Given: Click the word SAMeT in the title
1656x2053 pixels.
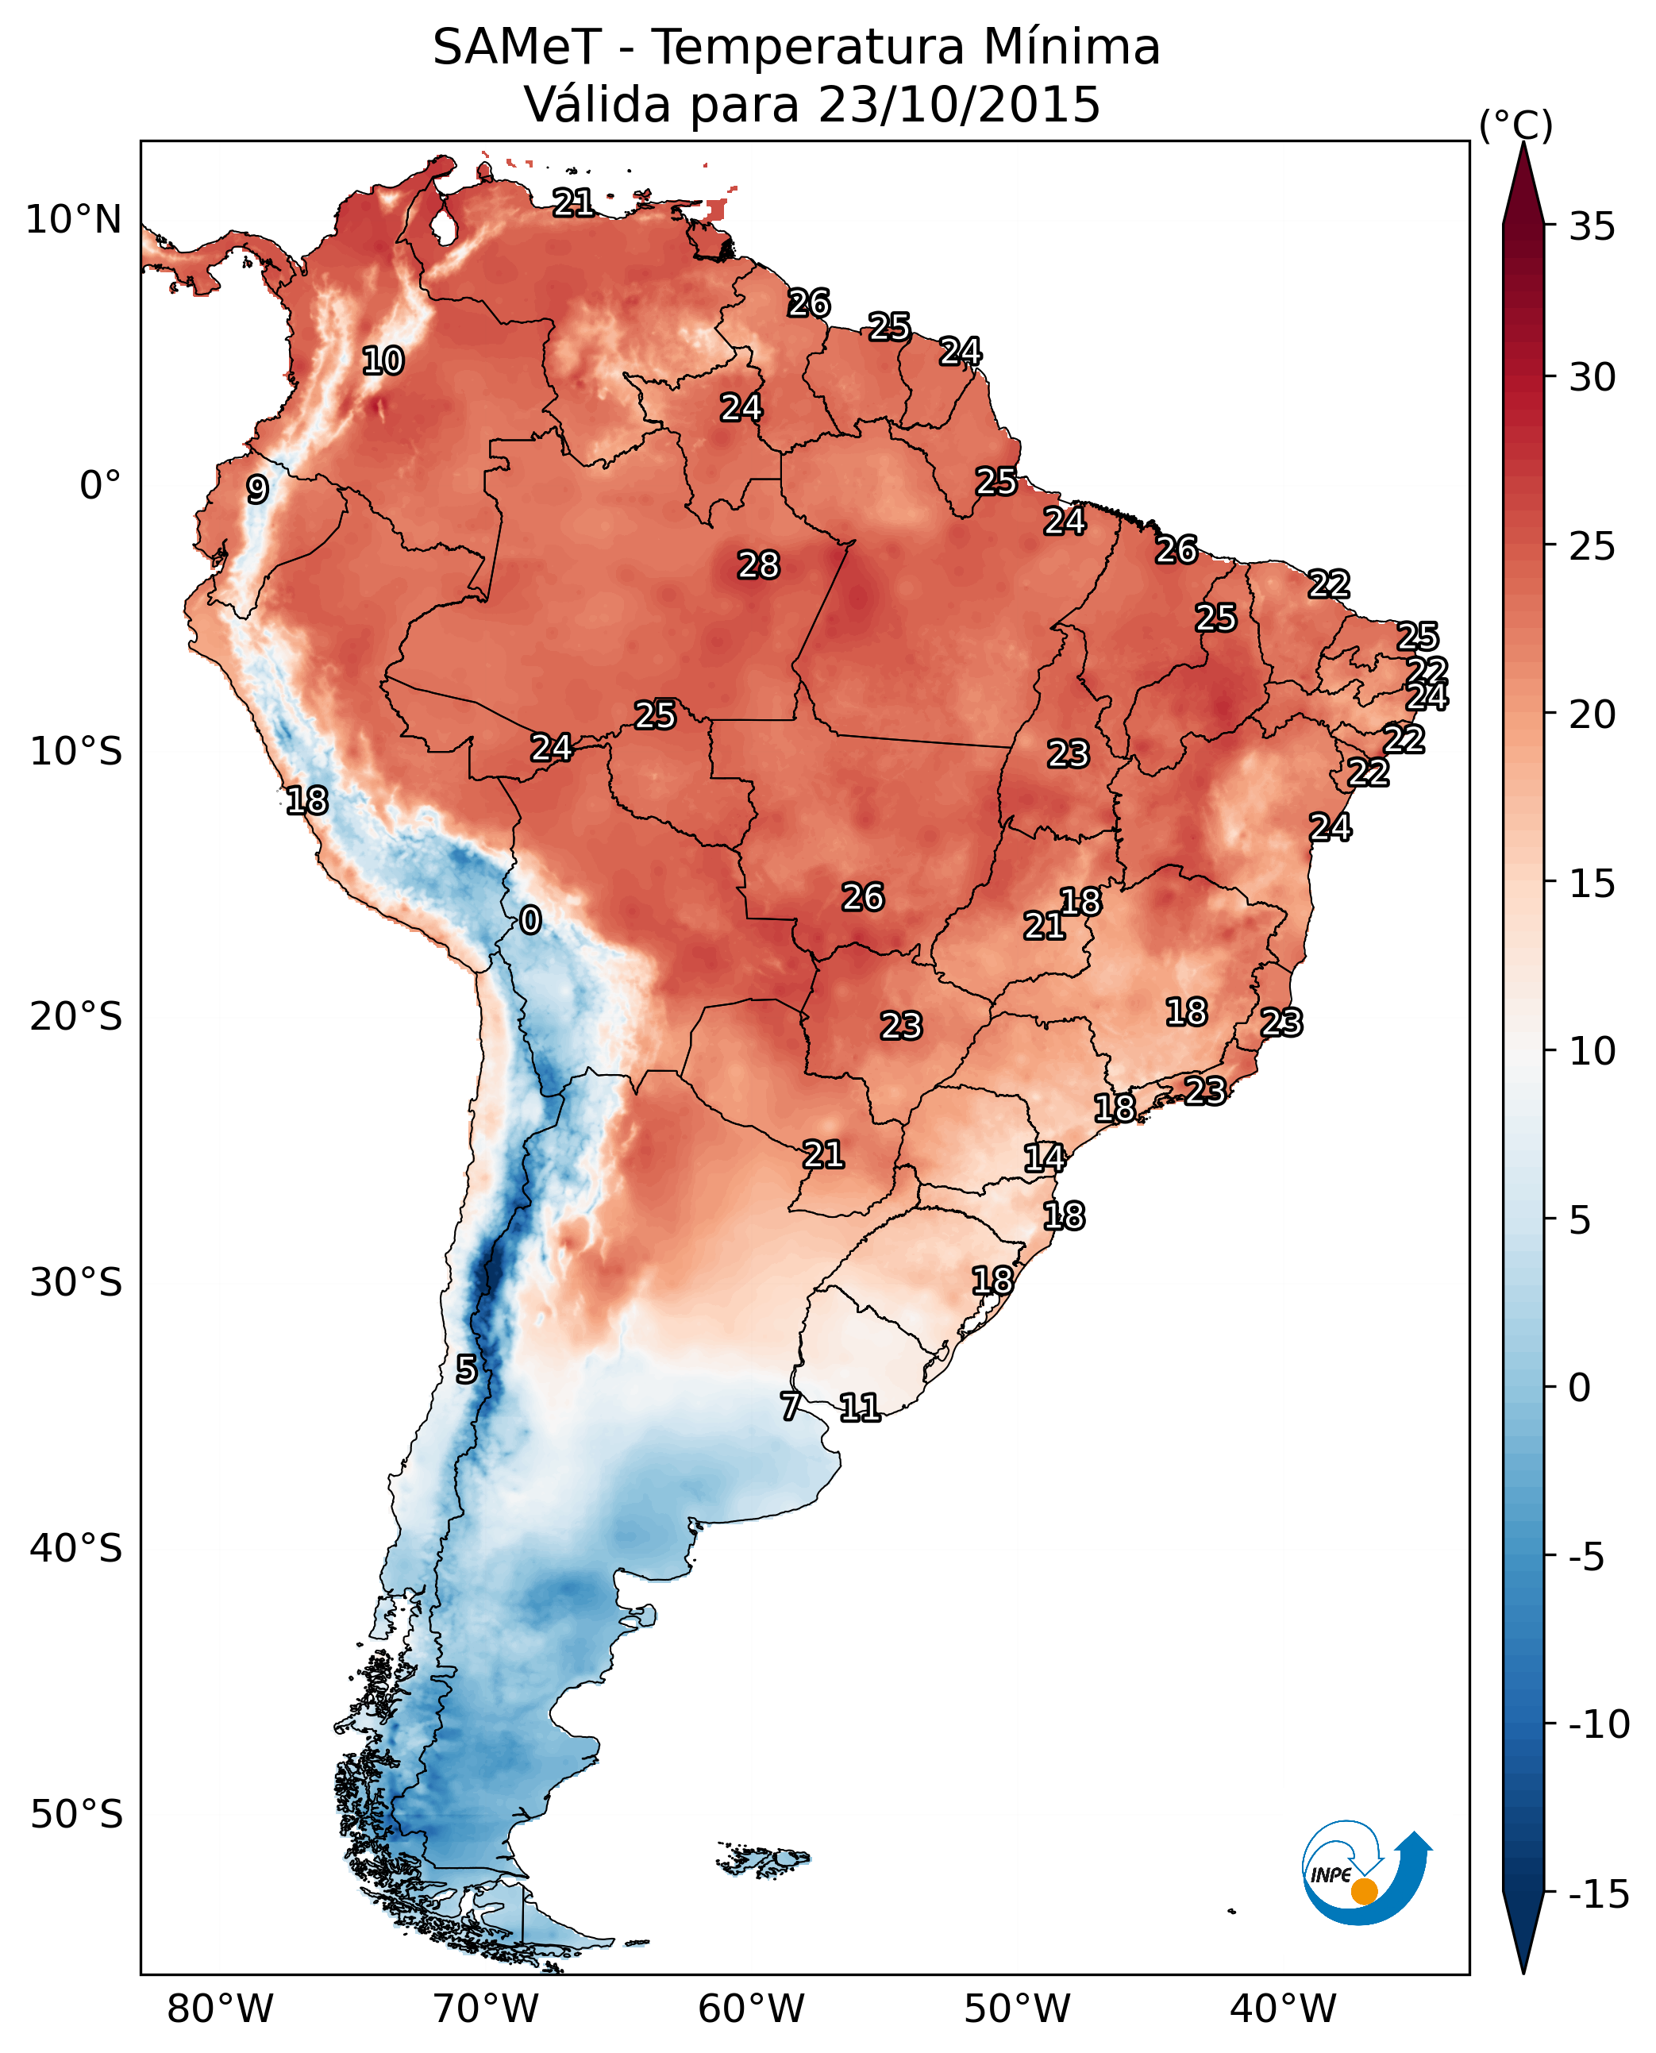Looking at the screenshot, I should (x=517, y=48).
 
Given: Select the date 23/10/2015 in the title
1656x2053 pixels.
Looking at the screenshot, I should (x=959, y=105).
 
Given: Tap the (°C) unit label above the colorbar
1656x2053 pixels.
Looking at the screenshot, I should (x=1515, y=126).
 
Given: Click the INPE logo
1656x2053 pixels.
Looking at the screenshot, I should (x=1365, y=1873).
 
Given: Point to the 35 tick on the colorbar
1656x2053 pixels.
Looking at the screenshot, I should (x=1592, y=227).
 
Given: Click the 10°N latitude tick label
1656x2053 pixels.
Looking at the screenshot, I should (x=74, y=221).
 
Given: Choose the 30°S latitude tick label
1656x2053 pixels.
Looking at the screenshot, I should (x=76, y=1283).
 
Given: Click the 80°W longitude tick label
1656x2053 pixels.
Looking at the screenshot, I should (x=221, y=2009).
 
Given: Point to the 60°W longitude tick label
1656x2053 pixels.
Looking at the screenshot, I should (x=752, y=2009).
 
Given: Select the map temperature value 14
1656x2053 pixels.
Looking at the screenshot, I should (x=1045, y=1157).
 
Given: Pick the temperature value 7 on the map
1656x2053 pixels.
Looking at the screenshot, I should (x=791, y=1406).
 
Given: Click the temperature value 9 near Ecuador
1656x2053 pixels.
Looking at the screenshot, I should (x=257, y=489).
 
